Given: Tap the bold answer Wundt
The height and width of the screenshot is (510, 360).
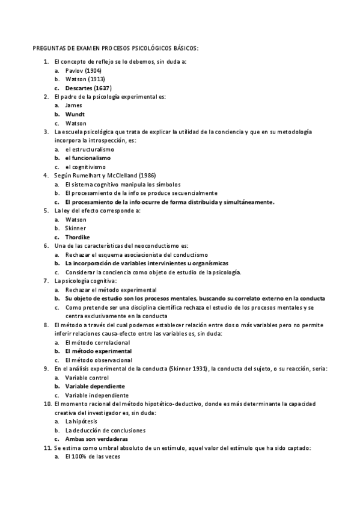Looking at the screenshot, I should pos(75,114).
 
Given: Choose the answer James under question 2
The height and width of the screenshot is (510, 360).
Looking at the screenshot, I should pos(74,105).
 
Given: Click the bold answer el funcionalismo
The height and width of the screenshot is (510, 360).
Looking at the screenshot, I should pos(88,158).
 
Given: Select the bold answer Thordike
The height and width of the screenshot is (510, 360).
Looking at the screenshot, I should pos(78,237).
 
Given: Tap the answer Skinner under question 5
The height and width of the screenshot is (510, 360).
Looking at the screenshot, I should pos(76,229).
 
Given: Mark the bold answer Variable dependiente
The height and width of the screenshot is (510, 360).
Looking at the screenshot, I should pos(95,386).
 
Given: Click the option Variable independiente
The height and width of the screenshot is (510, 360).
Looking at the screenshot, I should pos(97,395).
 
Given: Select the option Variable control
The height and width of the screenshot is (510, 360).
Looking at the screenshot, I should pos(87,377).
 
